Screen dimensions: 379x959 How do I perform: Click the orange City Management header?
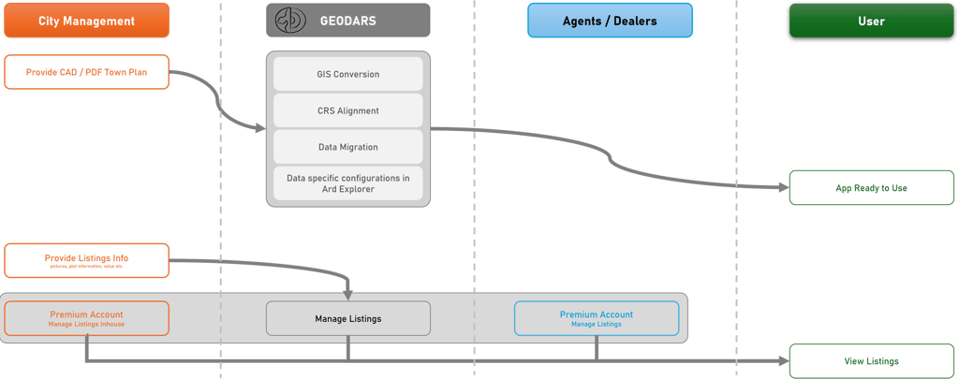click(x=86, y=20)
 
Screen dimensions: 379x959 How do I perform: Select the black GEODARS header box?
click(x=348, y=20)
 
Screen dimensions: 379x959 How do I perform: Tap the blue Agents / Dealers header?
click(x=610, y=20)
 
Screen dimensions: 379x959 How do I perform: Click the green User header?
click(x=870, y=20)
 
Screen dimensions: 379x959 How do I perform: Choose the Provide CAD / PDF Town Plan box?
click(x=86, y=71)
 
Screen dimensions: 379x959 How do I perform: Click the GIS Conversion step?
click(x=348, y=74)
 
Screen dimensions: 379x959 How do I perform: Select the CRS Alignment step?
click(x=348, y=110)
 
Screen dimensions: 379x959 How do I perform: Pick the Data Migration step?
click(x=348, y=147)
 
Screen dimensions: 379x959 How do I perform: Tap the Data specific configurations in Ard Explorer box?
click(x=348, y=183)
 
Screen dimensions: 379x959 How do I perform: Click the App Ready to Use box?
click(x=870, y=188)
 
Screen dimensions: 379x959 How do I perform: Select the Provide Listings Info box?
click(x=86, y=260)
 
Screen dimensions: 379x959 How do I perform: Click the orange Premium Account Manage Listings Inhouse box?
click(x=86, y=318)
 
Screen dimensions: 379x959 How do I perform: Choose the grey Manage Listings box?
click(x=348, y=318)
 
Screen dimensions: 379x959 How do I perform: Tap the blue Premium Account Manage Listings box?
click(x=597, y=318)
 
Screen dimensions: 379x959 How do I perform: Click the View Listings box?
click(x=870, y=361)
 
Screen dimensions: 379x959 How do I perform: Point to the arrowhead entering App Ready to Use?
click(x=783, y=188)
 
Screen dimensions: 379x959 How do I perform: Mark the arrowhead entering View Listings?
click(x=783, y=361)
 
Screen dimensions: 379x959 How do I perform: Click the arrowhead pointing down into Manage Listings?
click(x=348, y=294)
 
